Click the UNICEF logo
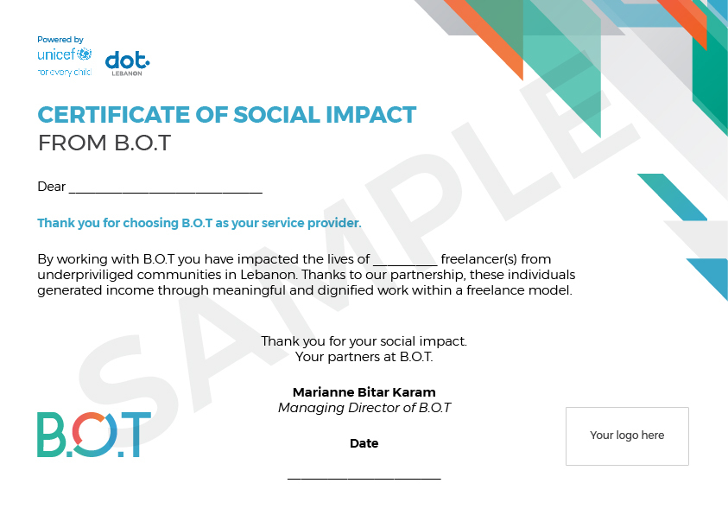(x=65, y=61)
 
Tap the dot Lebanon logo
(x=127, y=64)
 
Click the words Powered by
(x=60, y=40)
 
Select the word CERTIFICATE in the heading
(x=114, y=115)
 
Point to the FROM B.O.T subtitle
(x=104, y=143)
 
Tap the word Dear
(x=51, y=187)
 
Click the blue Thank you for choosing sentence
(x=199, y=223)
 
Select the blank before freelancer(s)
(x=405, y=264)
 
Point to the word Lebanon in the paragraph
(x=269, y=275)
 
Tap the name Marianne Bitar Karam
(x=364, y=392)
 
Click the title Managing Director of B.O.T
(x=364, y=408)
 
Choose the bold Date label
(x=364, y=443)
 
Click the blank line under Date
(x=364, y=479)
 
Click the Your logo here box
(x=627, y=436)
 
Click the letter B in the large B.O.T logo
(x=51, y=435)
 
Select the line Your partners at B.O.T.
(x=364, y=357)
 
